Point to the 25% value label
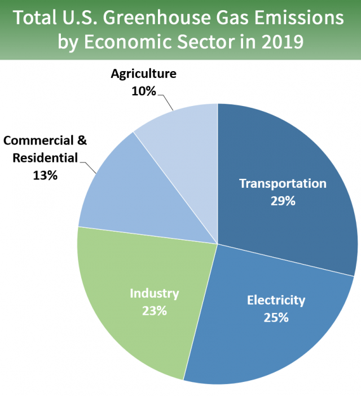(276, 317)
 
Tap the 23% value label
(154, 310)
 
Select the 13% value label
(45, 175)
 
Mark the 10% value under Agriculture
(143, 90)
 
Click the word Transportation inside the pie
(283, 184)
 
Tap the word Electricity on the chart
(276, 300)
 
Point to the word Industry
(154, 293)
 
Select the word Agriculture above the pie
(143, 74)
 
